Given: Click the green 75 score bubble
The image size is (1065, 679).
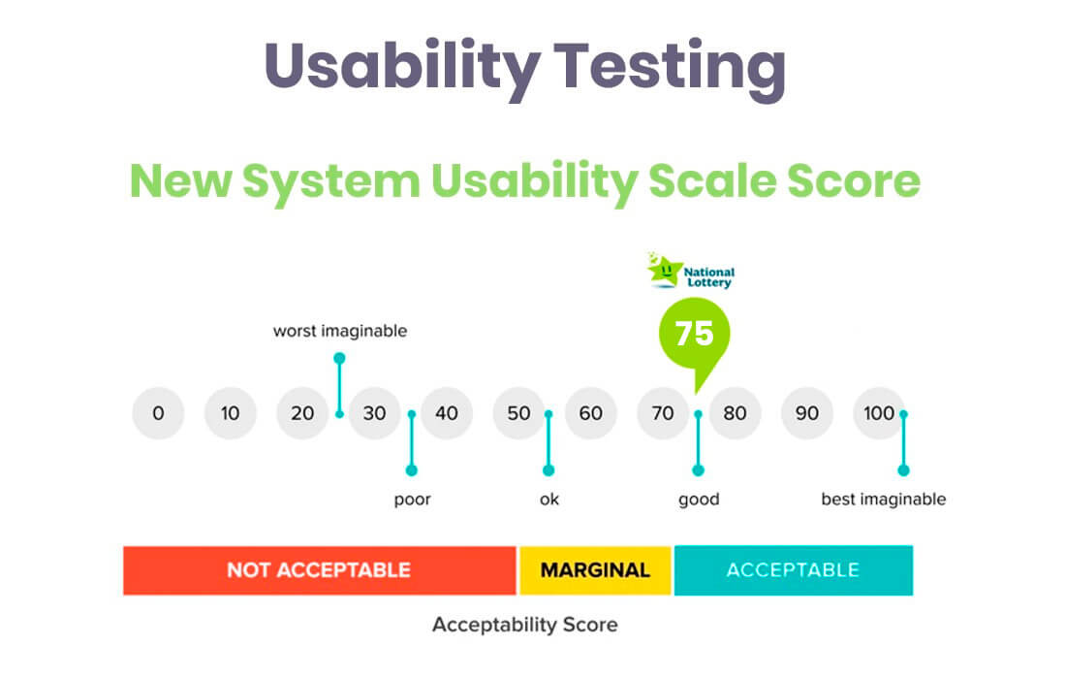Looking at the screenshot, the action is tap(694, 335).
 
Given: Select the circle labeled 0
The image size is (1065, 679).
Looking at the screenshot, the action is tap(158, 413).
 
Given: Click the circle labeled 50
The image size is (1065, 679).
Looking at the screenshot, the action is tap(518, 413).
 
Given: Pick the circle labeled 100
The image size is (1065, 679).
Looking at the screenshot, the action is tap(879, 413).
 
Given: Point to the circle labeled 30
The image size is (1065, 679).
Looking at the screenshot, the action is tap(374, 413).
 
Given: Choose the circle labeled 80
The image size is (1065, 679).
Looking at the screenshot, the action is tap(735, 413).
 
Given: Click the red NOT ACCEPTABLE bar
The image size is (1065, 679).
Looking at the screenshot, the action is tap(319, 570).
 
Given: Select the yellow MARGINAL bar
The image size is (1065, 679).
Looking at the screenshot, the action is tap(595, 570).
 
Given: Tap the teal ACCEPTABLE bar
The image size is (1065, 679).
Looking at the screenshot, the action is tap(794, 570).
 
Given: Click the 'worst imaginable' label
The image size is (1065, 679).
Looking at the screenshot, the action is tap(340, 331).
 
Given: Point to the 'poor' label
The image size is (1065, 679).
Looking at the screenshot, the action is tap(412, 500).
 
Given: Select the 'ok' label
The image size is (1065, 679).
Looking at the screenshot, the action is tap(549, 500).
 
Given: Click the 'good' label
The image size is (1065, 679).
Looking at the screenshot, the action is tap(699, 500).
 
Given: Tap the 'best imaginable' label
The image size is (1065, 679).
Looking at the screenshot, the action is tap(884, 500).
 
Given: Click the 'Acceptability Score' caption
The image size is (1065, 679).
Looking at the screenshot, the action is tap(525, 625).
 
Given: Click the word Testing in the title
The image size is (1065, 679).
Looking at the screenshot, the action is tap(670, 67).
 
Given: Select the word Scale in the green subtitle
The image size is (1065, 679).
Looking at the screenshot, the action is tap(712, 180).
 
